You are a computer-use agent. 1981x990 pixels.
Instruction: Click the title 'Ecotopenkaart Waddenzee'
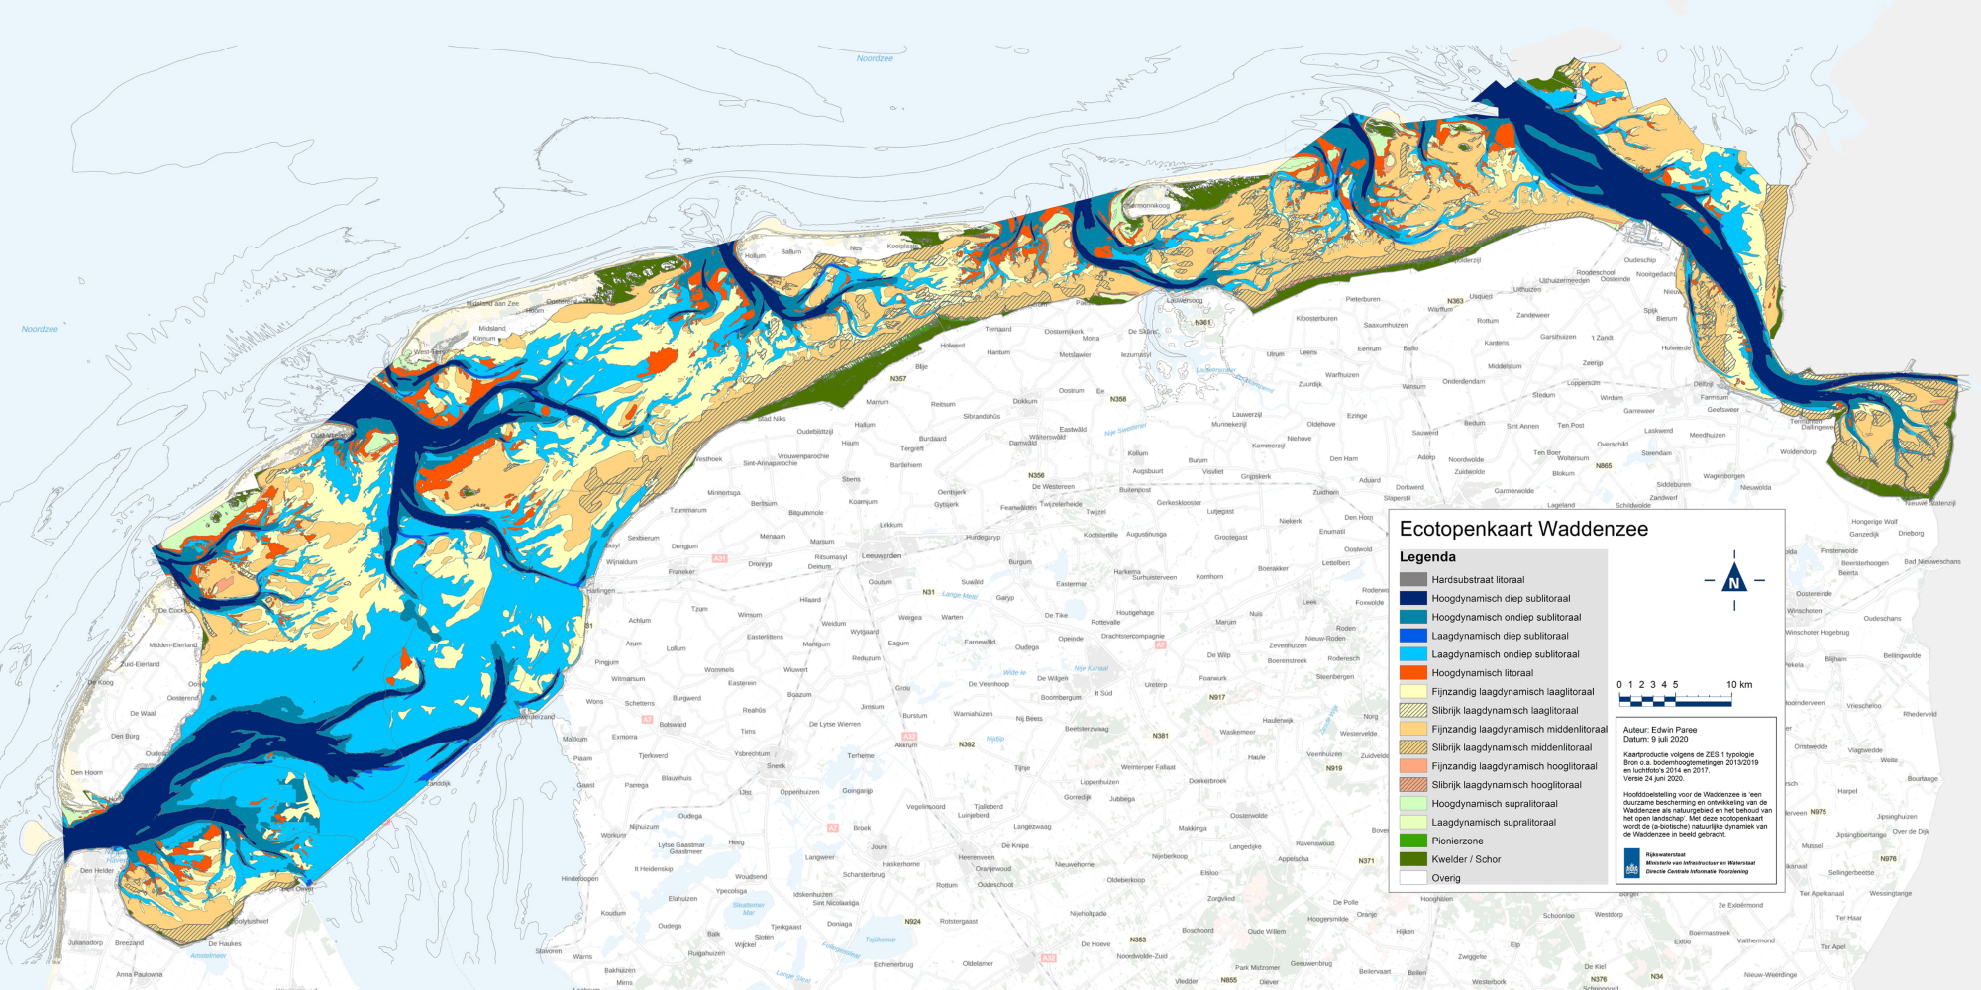(1523, 529)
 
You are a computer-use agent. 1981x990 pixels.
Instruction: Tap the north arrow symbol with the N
(1734, 581)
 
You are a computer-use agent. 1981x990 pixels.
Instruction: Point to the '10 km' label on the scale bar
(1739, 684)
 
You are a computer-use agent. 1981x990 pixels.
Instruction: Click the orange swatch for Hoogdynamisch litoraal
(1413, 673)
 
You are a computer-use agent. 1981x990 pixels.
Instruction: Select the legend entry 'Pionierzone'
(1457, 841)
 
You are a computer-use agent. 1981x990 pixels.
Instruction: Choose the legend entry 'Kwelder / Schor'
(1466, 859)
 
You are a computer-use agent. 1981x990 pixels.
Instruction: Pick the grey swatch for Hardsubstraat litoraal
(1413, 580)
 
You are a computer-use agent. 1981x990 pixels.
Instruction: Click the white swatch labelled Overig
(1413, 878)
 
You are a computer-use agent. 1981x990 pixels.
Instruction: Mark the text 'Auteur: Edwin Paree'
(1660, 730)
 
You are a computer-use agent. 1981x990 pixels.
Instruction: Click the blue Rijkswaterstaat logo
(1631, 863)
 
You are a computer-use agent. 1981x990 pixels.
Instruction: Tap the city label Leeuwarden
(882, 556)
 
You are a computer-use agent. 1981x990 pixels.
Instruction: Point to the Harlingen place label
(600, 591)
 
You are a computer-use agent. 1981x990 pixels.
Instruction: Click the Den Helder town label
(97, 871)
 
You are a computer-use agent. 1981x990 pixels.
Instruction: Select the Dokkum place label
(1025, 402)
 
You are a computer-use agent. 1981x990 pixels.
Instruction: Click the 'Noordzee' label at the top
(875, 58)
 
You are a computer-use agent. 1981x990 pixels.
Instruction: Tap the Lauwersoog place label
(1185, 300)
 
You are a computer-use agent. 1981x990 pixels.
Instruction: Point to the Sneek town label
(776, 766)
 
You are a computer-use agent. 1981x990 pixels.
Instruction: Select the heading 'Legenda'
(1427, 557)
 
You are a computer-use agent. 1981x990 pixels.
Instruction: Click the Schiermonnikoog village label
(1147, 206)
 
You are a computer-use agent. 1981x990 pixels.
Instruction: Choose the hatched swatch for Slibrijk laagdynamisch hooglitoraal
(1413, 785)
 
